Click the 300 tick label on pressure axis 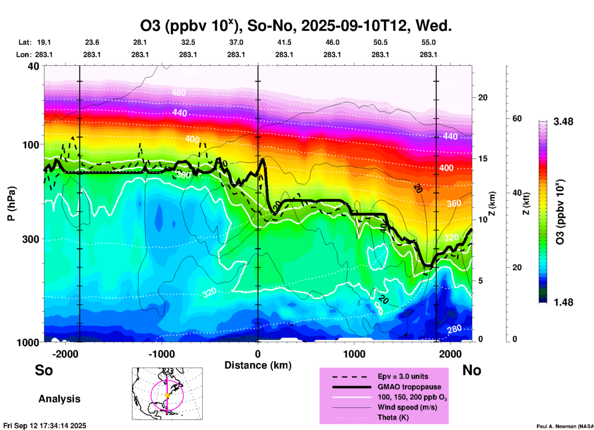pyautogui.click(x=31, y=239)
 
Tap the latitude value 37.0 pyautogui.click(x=236, y=43)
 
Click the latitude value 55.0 pyautogui.click(x=428, y=43)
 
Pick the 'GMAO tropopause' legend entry pyautogui.click(x=409, y=387)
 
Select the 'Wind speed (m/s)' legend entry pyautogui.click(x=407, y=407)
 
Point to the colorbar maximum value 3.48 pyautogui.click(x=563, y=122)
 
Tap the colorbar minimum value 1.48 pyautogui.click(x=563, y=302)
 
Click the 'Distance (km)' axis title pyautogui.click(x=258, y=365)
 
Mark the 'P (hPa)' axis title pyautogui.click(x=11, y=204)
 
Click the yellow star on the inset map pyautogui.click(x=167, y=395)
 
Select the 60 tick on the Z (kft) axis pyautogui.click(x=517, y=119)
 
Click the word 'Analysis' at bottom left pyautogui.click(x=59, y=399)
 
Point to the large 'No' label pyautogui.click(x=472, y=370)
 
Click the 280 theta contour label pyautogui.click(x=454, y=329)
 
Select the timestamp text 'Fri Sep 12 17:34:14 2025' pyautogui.click(x=45, y=426)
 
